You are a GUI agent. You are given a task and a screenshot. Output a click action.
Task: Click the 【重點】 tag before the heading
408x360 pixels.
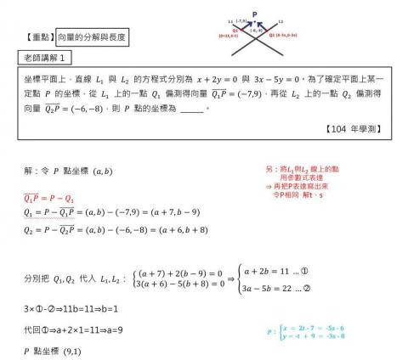[x=41, y=37]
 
